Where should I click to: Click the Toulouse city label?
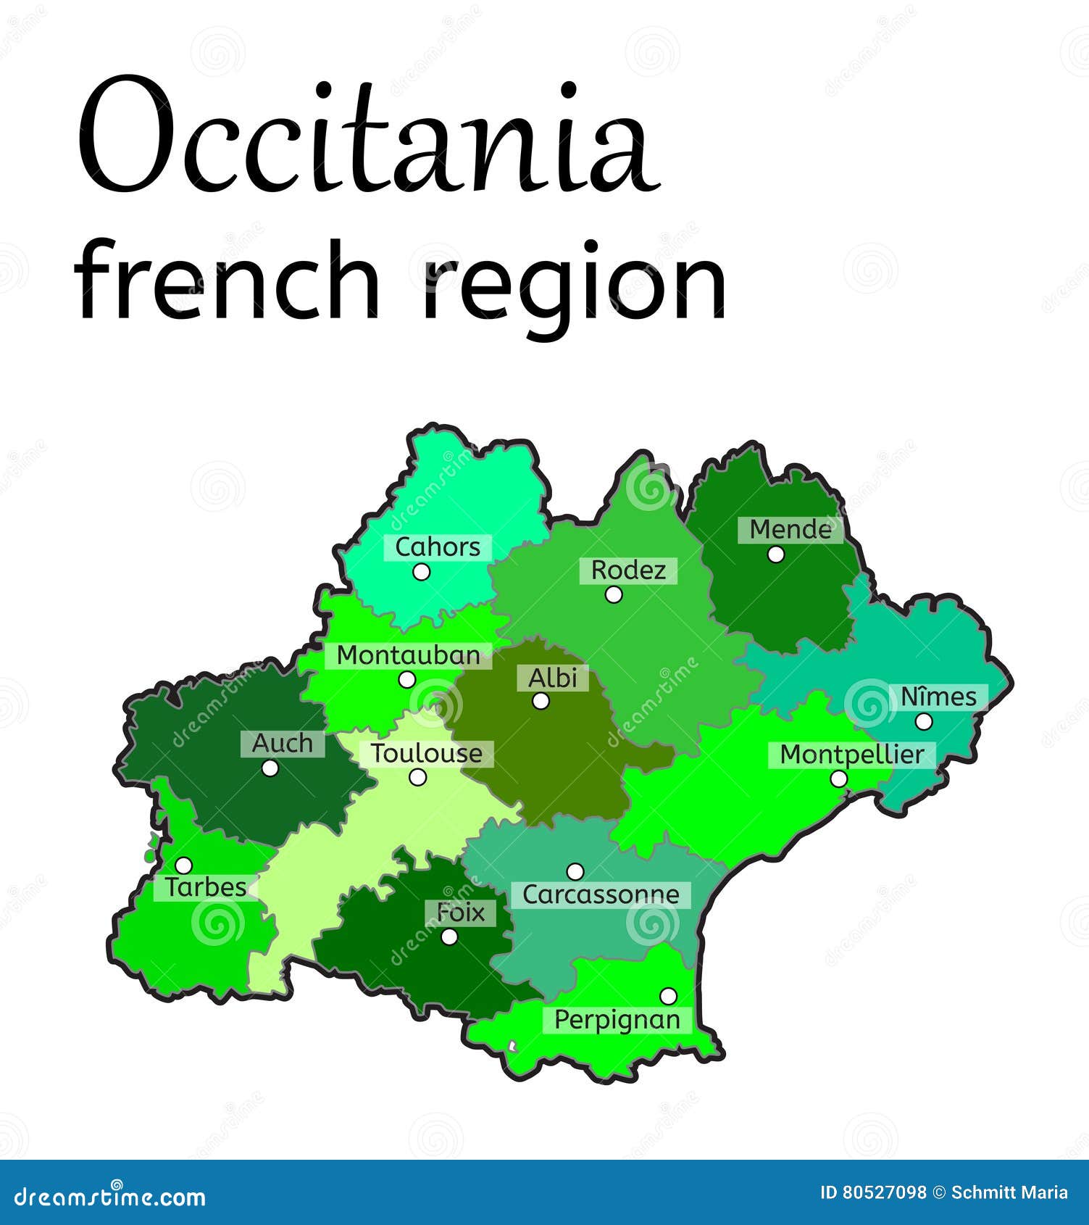[427, 754]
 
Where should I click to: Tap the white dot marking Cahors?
[421, 572]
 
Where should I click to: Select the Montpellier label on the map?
[852, 755]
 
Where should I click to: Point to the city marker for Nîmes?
[924, 721]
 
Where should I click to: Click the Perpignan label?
[617, 1020]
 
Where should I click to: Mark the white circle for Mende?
[776, 555]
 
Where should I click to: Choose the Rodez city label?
[628, 570]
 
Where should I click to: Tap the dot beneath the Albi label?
[541, 701]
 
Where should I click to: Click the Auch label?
[283, 743]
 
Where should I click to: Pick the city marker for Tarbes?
[184, 865]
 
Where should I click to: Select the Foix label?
[461, 913]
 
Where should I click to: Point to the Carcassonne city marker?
[575, 871]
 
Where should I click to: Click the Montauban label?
[409, 655]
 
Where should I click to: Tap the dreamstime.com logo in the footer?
[109, 1197]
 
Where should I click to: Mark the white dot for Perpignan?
[668, 996]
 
